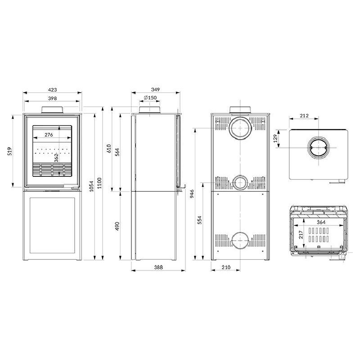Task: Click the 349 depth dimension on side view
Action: point(156,90)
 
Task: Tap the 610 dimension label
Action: point(109,148)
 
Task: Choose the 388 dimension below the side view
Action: point(157,267)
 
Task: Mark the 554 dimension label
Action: point(199,220)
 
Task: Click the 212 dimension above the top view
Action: point(304,116)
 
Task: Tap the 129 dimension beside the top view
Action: point(275,139)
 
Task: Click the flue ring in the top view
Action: point(319,148)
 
